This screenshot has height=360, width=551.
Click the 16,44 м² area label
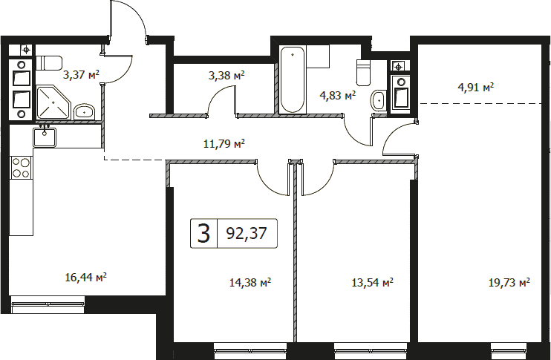point(85,278)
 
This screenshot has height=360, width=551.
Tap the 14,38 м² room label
point(250,282)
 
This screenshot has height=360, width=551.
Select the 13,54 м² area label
point(372,282)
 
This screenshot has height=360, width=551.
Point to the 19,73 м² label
point(509,282)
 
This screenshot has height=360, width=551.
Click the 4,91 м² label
point(476,87)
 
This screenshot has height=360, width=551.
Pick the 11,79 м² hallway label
point(224,143)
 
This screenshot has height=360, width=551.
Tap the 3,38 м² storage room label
point(226,75)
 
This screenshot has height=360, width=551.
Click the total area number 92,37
point(247,233)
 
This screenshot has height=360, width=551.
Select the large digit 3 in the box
point(203,234)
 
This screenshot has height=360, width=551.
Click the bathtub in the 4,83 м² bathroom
point(293,80)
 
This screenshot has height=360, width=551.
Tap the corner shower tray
point(53,102)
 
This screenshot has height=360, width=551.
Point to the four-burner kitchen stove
point(21,168)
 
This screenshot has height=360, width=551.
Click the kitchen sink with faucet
point(45,137)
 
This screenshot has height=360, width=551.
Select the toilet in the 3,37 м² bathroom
point(49,63)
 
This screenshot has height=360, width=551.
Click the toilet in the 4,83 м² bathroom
point(364,73)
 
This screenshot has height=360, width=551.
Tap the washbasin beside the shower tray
point(84,112)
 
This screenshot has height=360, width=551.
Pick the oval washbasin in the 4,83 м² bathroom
point(378,100)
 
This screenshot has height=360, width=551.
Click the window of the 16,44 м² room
point(48,304)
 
